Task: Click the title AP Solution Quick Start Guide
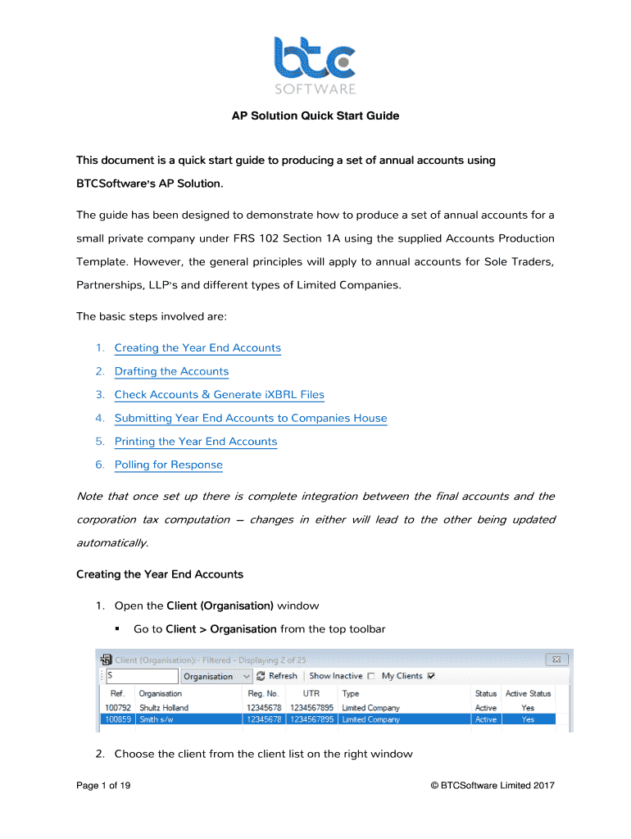[x=315, y=116]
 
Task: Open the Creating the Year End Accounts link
[x=197, y=348]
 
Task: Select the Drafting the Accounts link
[x=171, y=372]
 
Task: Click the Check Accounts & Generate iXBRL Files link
[x=219, y=395]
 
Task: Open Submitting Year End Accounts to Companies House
[x=250, y=419]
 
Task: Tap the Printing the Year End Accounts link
[x=196, y=442]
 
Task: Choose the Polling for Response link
[x=168, y=465]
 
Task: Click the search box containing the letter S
[x=142, y=676]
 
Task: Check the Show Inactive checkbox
[x=371, y=676]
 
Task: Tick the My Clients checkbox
[x=431, y=676]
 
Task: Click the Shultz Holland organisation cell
[x=163, y=707]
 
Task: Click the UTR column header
[x=311, y=693]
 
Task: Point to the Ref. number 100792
[x=116, y=707]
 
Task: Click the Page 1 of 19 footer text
[x=103, y=786]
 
